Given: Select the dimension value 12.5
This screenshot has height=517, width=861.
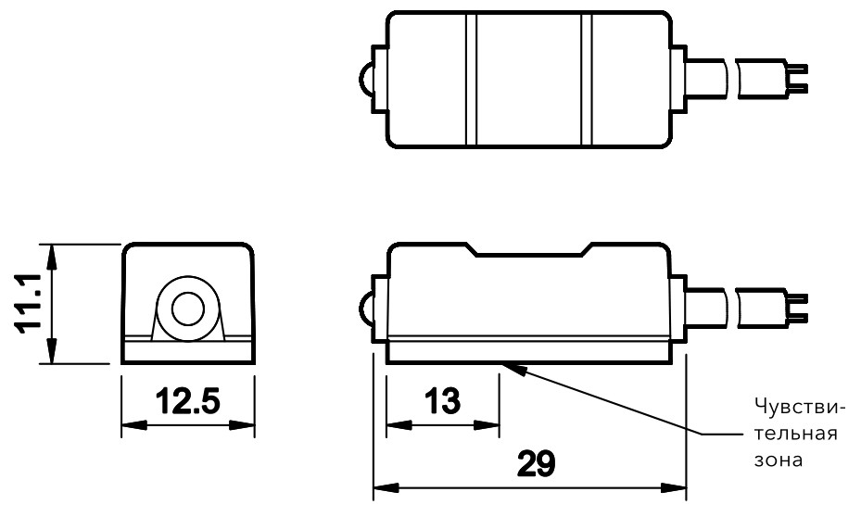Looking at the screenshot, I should [188, 403].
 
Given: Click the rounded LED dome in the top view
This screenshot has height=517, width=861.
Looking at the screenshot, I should [364, 81].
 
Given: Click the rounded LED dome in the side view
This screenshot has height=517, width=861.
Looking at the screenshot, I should [364, 308].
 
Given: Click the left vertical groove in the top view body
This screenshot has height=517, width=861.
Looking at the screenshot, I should [470, 81].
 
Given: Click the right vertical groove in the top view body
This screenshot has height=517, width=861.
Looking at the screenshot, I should [586, 81].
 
